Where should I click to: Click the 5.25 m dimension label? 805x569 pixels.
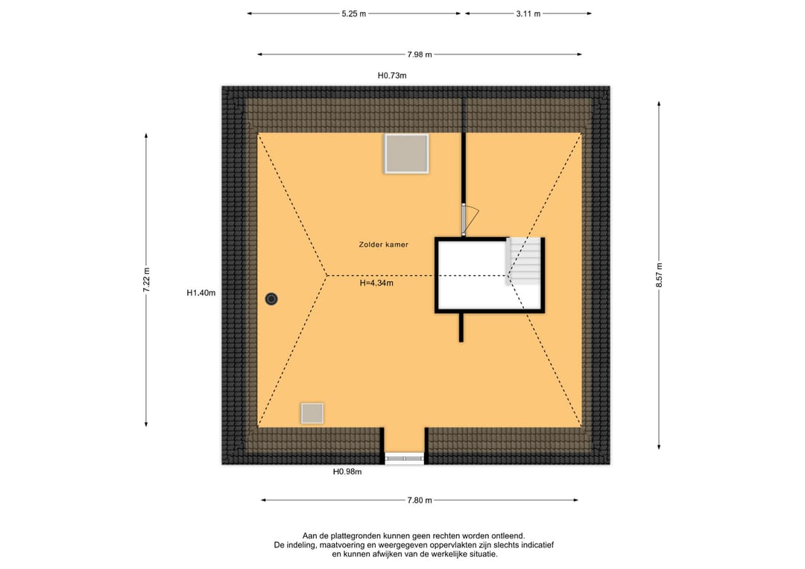[354, 14]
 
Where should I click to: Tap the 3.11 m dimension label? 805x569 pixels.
[528, 14]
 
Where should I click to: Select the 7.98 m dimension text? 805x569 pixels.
[420, 54]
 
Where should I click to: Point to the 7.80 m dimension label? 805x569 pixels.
[420, 500]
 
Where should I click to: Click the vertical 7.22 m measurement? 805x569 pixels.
[146, 280]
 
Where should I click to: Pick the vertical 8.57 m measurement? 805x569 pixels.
[659, 275]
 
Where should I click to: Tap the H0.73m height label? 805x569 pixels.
[392, 75]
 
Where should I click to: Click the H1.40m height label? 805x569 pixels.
[201, 293]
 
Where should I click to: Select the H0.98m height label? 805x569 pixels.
[347, 472]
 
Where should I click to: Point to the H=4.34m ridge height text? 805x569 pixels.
[376, 283]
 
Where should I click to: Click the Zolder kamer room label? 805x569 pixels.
[384, 245]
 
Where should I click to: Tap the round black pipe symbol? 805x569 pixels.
[271, 299]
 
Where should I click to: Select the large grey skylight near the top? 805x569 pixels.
[406, 154]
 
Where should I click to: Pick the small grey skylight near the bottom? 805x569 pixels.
[312, 413]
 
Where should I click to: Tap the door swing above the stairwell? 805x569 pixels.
[471, 219]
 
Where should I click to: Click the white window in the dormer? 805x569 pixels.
[405, 458]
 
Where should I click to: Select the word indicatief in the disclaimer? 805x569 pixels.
[537, 545]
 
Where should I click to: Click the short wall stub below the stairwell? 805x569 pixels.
[461, 327]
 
